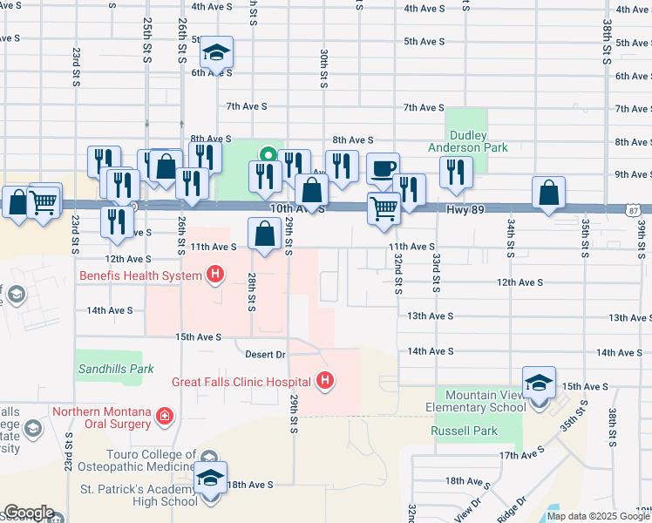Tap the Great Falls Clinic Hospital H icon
pos(325,381)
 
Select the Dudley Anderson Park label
pos(467,141)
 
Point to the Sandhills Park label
pos(116,369)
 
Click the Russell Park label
pos(464,431)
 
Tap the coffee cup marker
pos(382,169)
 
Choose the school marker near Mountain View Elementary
pos(539,383)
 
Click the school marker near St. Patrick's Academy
pos(210,479)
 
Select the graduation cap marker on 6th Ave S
pos(216,53)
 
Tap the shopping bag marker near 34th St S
pos(549,194)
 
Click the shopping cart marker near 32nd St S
pos(384,209)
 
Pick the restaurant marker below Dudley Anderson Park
pos(454,173)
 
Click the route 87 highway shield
pos(633,209)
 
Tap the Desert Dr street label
pos(265,355)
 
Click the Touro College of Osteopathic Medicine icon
pos(209,458)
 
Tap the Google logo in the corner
pos(29,513)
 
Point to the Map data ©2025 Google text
pos(598,516)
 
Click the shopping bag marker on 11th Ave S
pos(264,234)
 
